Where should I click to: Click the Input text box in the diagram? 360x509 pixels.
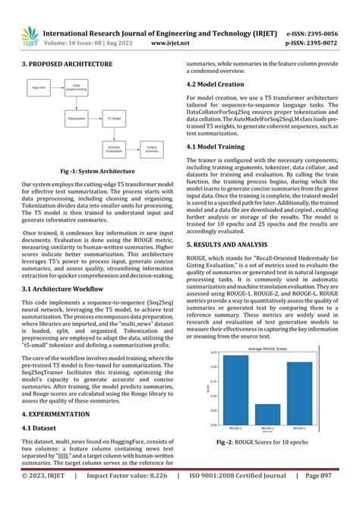pos(39,89)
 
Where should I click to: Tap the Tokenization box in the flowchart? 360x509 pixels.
pos(76,119)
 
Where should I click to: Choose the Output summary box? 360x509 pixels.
pos(152,149)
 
